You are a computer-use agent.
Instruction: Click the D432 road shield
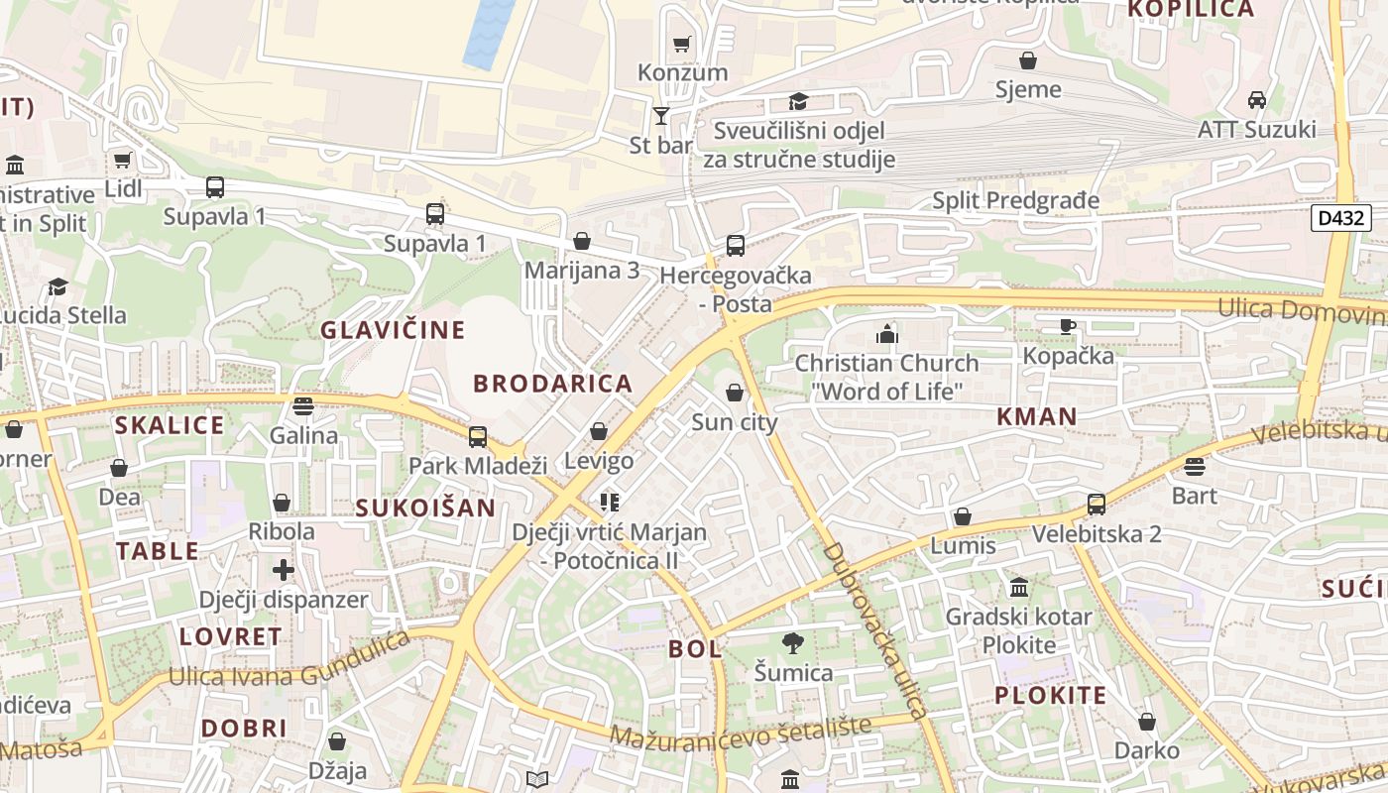click(1340, 218)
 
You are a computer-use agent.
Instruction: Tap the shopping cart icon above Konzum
click(681, 44)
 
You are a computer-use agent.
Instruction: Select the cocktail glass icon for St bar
click(661, 116)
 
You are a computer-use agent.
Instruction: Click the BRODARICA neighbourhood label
click(552, 384)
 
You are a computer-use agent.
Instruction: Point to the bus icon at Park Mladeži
click(477, 436)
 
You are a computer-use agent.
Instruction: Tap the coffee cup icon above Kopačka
click(1068, 326)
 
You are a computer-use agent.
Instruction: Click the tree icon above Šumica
click(792, 643)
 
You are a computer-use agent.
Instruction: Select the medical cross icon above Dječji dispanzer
click(284, 570)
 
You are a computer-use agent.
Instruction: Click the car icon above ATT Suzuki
click(1256, 100)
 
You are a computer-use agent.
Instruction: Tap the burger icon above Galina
click(303, 405)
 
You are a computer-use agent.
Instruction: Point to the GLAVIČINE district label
click(393, 330)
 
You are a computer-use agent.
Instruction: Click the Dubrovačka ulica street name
click(875, 630)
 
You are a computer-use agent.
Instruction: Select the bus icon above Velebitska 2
click(1096, 505)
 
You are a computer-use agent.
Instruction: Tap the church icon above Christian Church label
click(886, 334)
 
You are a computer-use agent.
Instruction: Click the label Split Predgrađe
click(1015, 201)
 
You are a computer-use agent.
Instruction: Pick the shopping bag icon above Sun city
click(735, 394)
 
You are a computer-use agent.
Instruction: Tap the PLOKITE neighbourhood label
click(1050, 695)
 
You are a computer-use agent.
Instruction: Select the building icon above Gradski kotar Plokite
click(1018, 588)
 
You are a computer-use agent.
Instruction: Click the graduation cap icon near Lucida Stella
click(58, 287)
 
